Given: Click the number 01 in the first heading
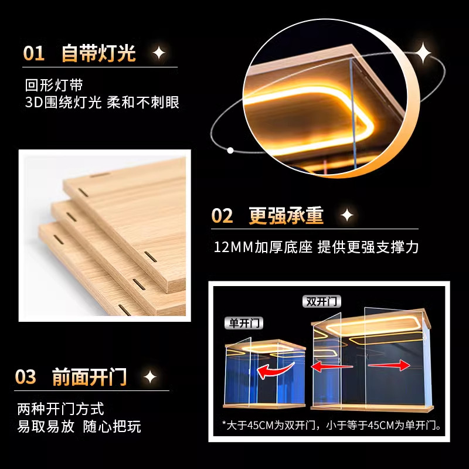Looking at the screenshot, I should coord(33,54).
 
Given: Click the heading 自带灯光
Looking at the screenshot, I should coord(98,54).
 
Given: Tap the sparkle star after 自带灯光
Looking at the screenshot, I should coord(159,54).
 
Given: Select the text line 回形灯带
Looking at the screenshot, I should coord(58,86).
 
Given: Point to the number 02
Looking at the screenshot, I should coord(222,216).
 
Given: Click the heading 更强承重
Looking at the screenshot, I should coord(286,216).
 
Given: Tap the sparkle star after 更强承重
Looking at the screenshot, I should coord(347,216).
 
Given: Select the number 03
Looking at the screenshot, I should coord(26,376).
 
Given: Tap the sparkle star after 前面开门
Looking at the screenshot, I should coord(150,376).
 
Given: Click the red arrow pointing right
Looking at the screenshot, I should coord(388,365).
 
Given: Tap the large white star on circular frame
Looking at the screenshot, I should coord(423,55).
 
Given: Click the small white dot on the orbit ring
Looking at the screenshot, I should coord(230,150).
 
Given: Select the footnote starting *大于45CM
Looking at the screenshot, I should coord(331,424).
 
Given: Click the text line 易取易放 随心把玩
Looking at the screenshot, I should coord(79,427).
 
